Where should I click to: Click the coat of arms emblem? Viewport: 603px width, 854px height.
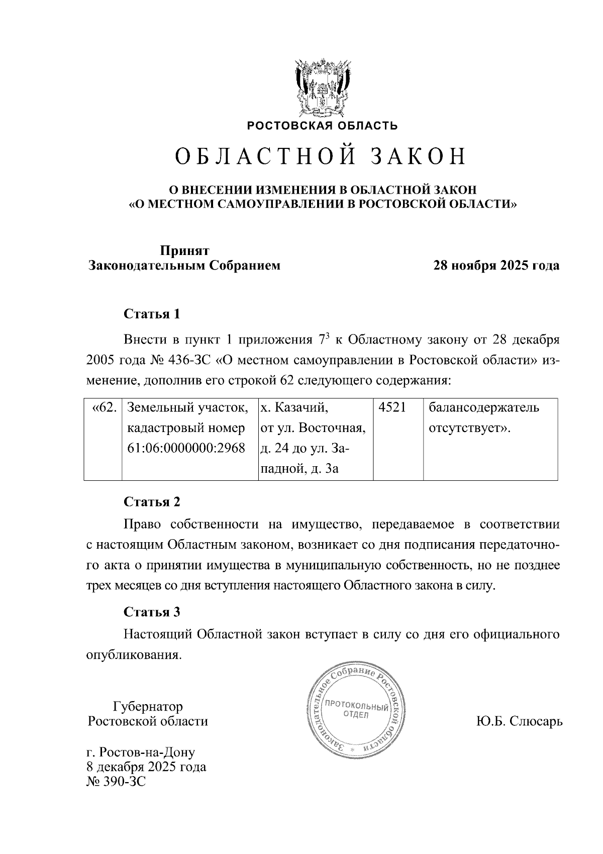[x=322, y=89]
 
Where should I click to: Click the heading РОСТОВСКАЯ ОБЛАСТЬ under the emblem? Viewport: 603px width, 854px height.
[x=322, y=126]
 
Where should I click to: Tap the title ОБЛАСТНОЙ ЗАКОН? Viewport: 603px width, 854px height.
[x=321, y=157]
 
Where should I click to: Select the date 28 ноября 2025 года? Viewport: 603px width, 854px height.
[x=496, y=266]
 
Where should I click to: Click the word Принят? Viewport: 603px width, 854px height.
[x=184, y=250]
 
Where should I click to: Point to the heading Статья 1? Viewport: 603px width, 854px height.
[x=152, y=314]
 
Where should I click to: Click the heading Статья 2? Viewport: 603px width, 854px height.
[x=152, y=502]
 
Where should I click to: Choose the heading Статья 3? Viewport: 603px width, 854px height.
[x=152, y=612]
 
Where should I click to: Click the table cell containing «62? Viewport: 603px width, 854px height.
[x=104, y=407]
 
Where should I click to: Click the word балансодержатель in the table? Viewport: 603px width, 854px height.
[x=483, y=407]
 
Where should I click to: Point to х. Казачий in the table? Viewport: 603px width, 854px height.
[x=294, y=407]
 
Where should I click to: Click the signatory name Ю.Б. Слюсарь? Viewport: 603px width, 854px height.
[x=519, y=721]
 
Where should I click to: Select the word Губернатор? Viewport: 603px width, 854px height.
[x=148, y=706]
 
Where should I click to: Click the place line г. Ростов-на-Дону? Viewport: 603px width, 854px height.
[x=141, y=752]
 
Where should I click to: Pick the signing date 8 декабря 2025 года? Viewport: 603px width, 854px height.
[x=146, y=767]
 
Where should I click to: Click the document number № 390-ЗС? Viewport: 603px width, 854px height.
[x=116, y=782]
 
